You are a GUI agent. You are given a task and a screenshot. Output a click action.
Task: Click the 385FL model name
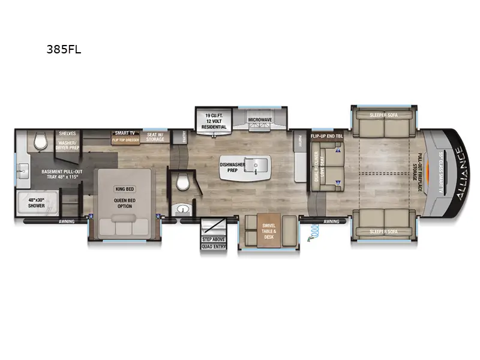64,50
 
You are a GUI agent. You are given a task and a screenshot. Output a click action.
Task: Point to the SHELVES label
67,133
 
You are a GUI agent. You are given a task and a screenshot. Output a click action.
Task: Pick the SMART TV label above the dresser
125,133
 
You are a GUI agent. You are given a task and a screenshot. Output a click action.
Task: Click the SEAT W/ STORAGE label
155,137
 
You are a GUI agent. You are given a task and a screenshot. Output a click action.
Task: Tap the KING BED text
122,188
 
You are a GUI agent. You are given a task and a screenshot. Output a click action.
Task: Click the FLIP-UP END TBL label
326,136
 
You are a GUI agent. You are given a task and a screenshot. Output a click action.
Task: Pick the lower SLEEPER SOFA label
383,231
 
